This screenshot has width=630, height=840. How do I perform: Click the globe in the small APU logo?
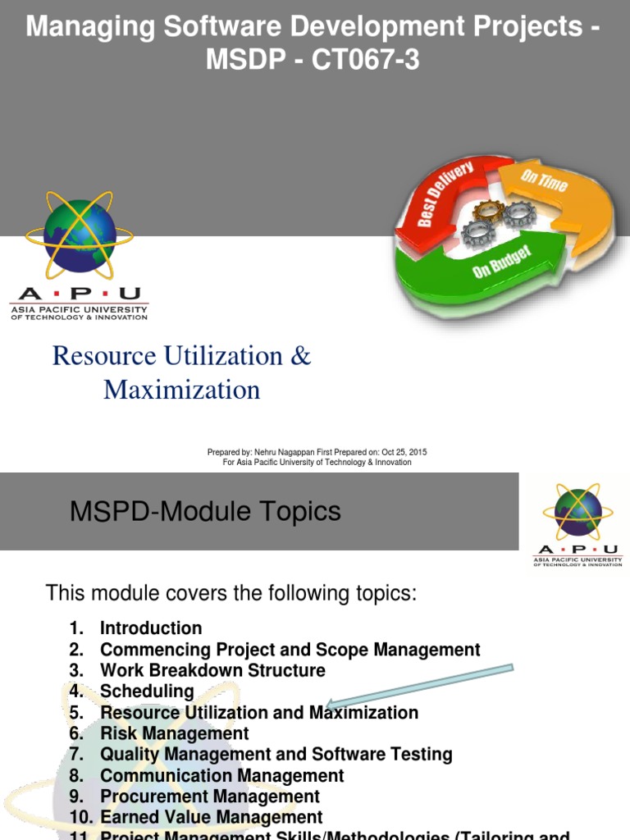(x=577, y=513)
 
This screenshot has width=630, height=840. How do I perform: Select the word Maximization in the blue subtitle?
(x=181, y=390)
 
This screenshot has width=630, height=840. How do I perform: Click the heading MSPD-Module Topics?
(x=205, y=512)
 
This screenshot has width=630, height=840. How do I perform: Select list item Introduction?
(x=151, y=628)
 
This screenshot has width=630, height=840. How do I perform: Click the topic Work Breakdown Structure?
(x=212, y=670)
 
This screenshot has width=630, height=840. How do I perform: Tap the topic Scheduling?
(x=147, y=692)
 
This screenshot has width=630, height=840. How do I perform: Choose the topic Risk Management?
(x=174, y=733)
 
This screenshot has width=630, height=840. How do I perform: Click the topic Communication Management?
(x=221, y=775)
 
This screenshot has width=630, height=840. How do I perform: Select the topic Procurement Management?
(x=210, y=797)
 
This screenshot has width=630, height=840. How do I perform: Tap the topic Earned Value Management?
(x=211, y=818)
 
